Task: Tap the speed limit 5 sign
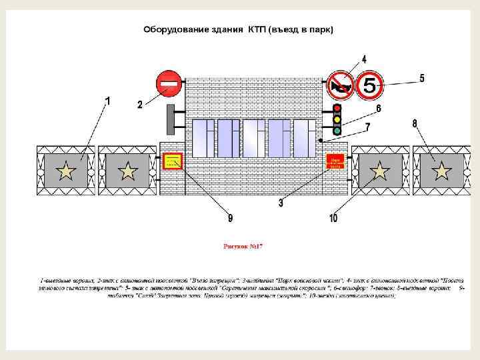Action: point(369,85)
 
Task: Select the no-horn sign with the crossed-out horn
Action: point(340,85)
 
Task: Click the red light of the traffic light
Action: point(337,109)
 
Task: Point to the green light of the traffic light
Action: point(337,131)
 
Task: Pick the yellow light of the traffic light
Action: point(337,119)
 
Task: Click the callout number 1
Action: point(108,100)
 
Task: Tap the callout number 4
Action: point(364,59)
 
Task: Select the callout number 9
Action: point(230,217)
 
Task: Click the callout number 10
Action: point(333,218)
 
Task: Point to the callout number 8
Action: point(415,123)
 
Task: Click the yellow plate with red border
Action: point(173,161)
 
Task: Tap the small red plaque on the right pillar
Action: point(335,161)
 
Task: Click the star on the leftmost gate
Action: point(66,172)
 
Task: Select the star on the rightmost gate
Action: point(440,172)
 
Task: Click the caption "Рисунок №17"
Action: point(243,246)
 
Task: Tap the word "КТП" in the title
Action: point(256,30)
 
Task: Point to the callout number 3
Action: point(281,203)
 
